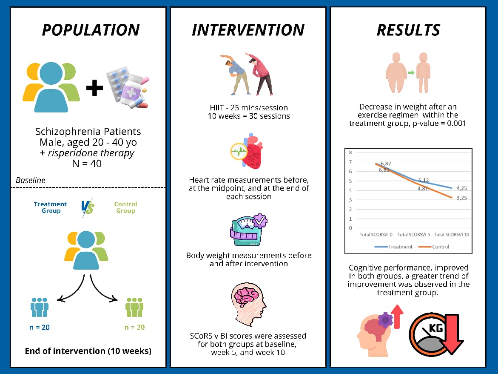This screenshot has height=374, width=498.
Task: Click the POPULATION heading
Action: click(x=91, y=30)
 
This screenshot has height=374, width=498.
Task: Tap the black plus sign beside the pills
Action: click(x=95, y=88)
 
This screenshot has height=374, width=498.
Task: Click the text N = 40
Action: click(x=87, y=164)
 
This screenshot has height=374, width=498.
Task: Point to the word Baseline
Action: click(x=31, y=180)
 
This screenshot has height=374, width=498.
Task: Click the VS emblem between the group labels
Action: click(x=87, y=207)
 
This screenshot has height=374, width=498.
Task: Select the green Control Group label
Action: click(x=125, y=207)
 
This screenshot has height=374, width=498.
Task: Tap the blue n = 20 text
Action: click(x=40, y=327)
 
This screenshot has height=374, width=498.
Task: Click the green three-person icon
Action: click(x=134, y=307)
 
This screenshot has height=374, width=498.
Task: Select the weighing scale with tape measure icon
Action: click(x=248, y=230)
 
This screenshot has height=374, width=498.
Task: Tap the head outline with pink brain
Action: click(x=248, y=305)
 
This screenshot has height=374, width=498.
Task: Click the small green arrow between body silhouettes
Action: click(x=411, y=73)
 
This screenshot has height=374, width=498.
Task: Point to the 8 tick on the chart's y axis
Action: click(x=350, y=152)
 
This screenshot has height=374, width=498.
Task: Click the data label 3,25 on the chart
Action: click(x=461, y=198)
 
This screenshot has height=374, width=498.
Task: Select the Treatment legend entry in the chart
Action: click(x=393, y=247)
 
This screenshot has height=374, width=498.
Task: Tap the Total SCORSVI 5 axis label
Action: click(x=413, y=235)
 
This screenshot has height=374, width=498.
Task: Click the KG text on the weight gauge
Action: click(x=435, y=328)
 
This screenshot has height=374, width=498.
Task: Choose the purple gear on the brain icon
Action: click(x=385, y=319)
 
